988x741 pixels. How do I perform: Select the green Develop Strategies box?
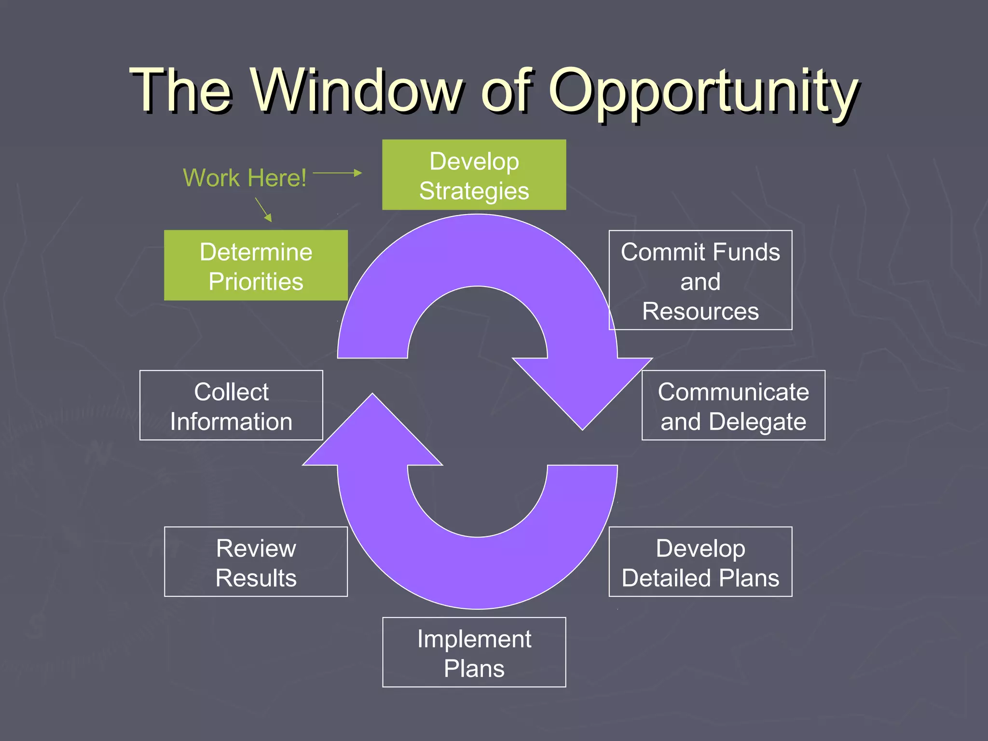(474, 175)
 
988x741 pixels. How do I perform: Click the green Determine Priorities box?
(256, 265)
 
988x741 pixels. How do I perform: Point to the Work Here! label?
(245, 178)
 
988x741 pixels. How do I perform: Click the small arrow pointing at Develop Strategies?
(338, 173)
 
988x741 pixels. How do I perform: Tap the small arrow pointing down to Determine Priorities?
(263, 209)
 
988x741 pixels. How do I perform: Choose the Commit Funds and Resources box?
(700, 280)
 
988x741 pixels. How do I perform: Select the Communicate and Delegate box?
(733, 405)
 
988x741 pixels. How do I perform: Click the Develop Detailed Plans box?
(700, 562)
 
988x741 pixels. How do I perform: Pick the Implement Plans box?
(474, 652)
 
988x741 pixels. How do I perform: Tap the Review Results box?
(256, 562)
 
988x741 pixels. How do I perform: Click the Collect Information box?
(231, 405)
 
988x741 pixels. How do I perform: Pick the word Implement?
(474, 639)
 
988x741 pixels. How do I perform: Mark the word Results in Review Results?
(256, 578)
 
